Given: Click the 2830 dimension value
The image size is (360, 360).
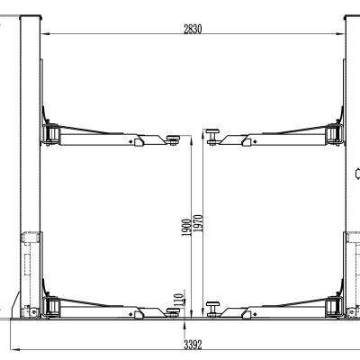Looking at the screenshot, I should (192, 29).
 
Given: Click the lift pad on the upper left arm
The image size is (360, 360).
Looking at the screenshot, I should (171, 138).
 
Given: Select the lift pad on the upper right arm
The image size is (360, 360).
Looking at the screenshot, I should (213, 136).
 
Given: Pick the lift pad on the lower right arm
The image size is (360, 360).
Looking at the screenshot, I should (213, 309).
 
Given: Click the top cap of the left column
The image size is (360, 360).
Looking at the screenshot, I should (30, 15).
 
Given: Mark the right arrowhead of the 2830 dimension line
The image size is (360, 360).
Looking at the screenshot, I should (345, 35).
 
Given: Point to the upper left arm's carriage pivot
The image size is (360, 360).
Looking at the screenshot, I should (50, 134).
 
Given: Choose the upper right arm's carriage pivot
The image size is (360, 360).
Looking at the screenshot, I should (334, 134).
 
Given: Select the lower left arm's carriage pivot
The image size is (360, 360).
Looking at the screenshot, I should (50, 307).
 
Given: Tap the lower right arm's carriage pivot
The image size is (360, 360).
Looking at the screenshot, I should (334, 307).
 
